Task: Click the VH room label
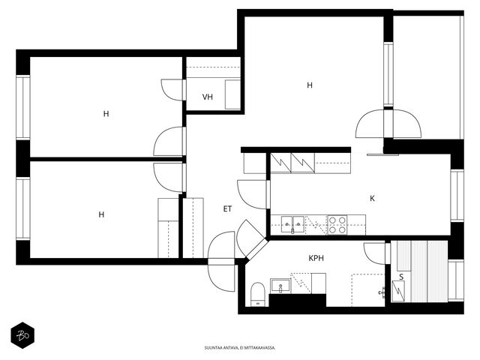tap(208, 97)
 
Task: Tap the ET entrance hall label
tap(227, 209)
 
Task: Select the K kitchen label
tap(372, 198)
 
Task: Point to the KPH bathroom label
tap(316, 258)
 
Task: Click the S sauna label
tap(401, 277)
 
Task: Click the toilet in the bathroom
tap(257, 295)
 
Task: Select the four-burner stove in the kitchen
tap(337, 225)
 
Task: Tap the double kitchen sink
tap(292, 224)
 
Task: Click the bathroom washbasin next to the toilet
tap(280, 286)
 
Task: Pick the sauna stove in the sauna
tap(398, 291)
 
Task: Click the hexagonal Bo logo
tap(22, 335)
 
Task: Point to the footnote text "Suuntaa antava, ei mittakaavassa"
tap(240, 348)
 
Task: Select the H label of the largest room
tap(310, 85)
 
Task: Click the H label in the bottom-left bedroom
tap(101, 214)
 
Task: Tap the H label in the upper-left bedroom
tap(106, 114)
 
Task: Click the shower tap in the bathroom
tap(382, 292)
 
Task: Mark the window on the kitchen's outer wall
tap(457, 195)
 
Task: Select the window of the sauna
tap(456, 280)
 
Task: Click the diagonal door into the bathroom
tap(252, 239)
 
